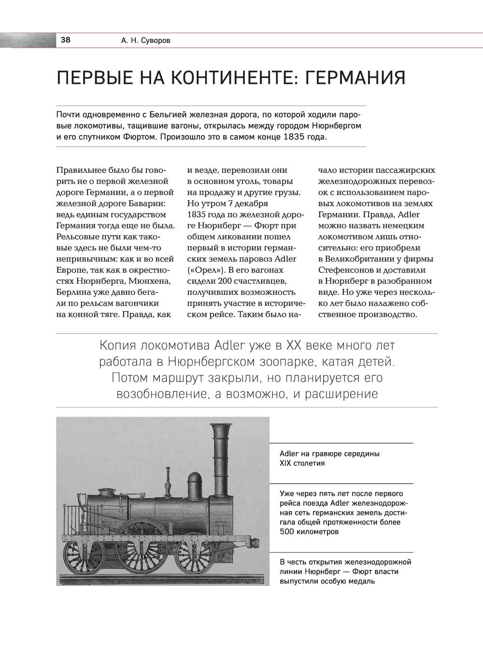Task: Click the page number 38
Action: pos(65,40)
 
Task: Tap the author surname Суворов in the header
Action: pos(155,41)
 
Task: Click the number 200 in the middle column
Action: pos(225,281)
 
